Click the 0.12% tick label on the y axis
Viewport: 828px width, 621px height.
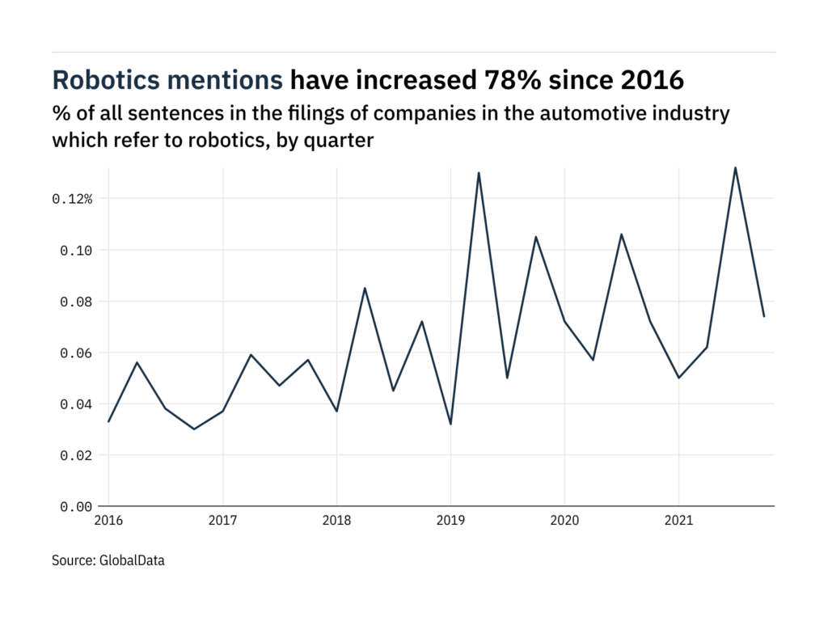(72, 199)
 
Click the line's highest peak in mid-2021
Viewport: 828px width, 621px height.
(735, 167)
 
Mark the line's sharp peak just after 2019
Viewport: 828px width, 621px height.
(479, 172)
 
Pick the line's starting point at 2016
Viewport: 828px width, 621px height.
(108, 421)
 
